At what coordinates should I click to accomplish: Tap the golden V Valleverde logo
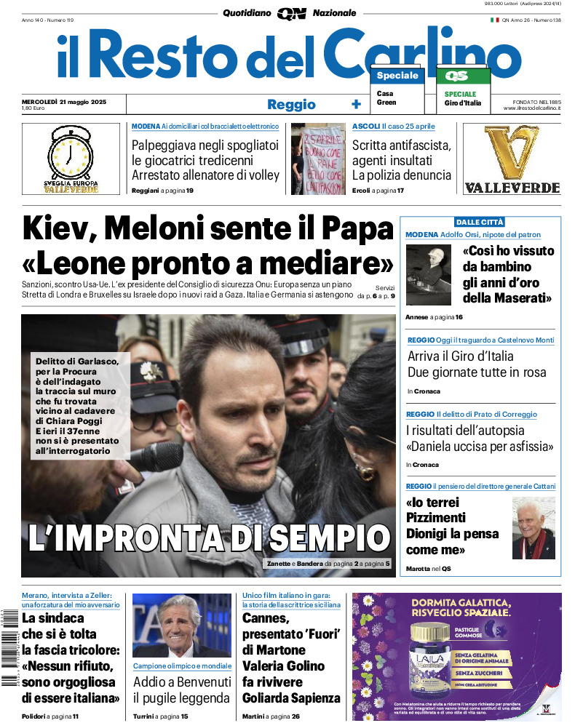click(512, 153)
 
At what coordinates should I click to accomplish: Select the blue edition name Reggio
click(291, 104)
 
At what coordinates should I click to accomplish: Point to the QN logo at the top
click(291, 13)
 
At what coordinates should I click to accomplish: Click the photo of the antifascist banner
click(318, 159)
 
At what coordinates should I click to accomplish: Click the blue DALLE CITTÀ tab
click(480, 222)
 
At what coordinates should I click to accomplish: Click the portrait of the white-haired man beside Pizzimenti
click(534, 527)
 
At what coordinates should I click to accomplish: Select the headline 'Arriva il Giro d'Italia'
click(461, 356)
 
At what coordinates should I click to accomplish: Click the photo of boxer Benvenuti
click(181, 626)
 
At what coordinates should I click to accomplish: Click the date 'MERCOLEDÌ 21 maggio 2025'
click(64, 101)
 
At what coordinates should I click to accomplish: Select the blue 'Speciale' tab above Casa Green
click(397, 76)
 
